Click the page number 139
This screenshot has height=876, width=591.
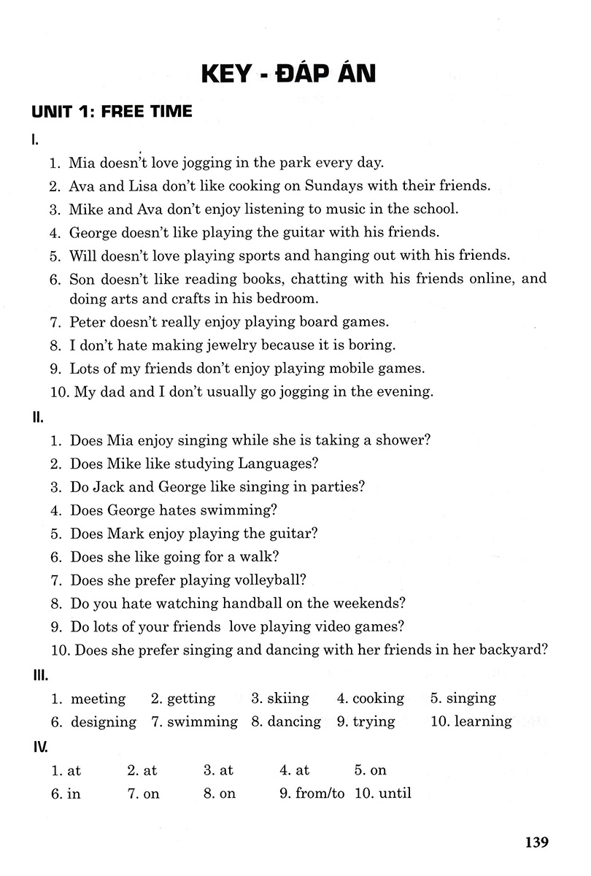click(x=536, y=842)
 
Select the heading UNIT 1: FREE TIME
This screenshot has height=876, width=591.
click(x=112, y=112)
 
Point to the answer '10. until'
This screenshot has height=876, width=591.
click(x=383, y=794)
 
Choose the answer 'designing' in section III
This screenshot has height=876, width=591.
click(x=104, y=722)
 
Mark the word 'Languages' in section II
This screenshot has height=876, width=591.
click(x=280, y=464)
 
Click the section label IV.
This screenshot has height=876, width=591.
click(x=40, y=748)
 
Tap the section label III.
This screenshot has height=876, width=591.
click(x=40, y=676)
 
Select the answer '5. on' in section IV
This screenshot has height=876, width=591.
click(x=370, y=770)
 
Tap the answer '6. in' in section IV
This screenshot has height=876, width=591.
click(x=66, y=794)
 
